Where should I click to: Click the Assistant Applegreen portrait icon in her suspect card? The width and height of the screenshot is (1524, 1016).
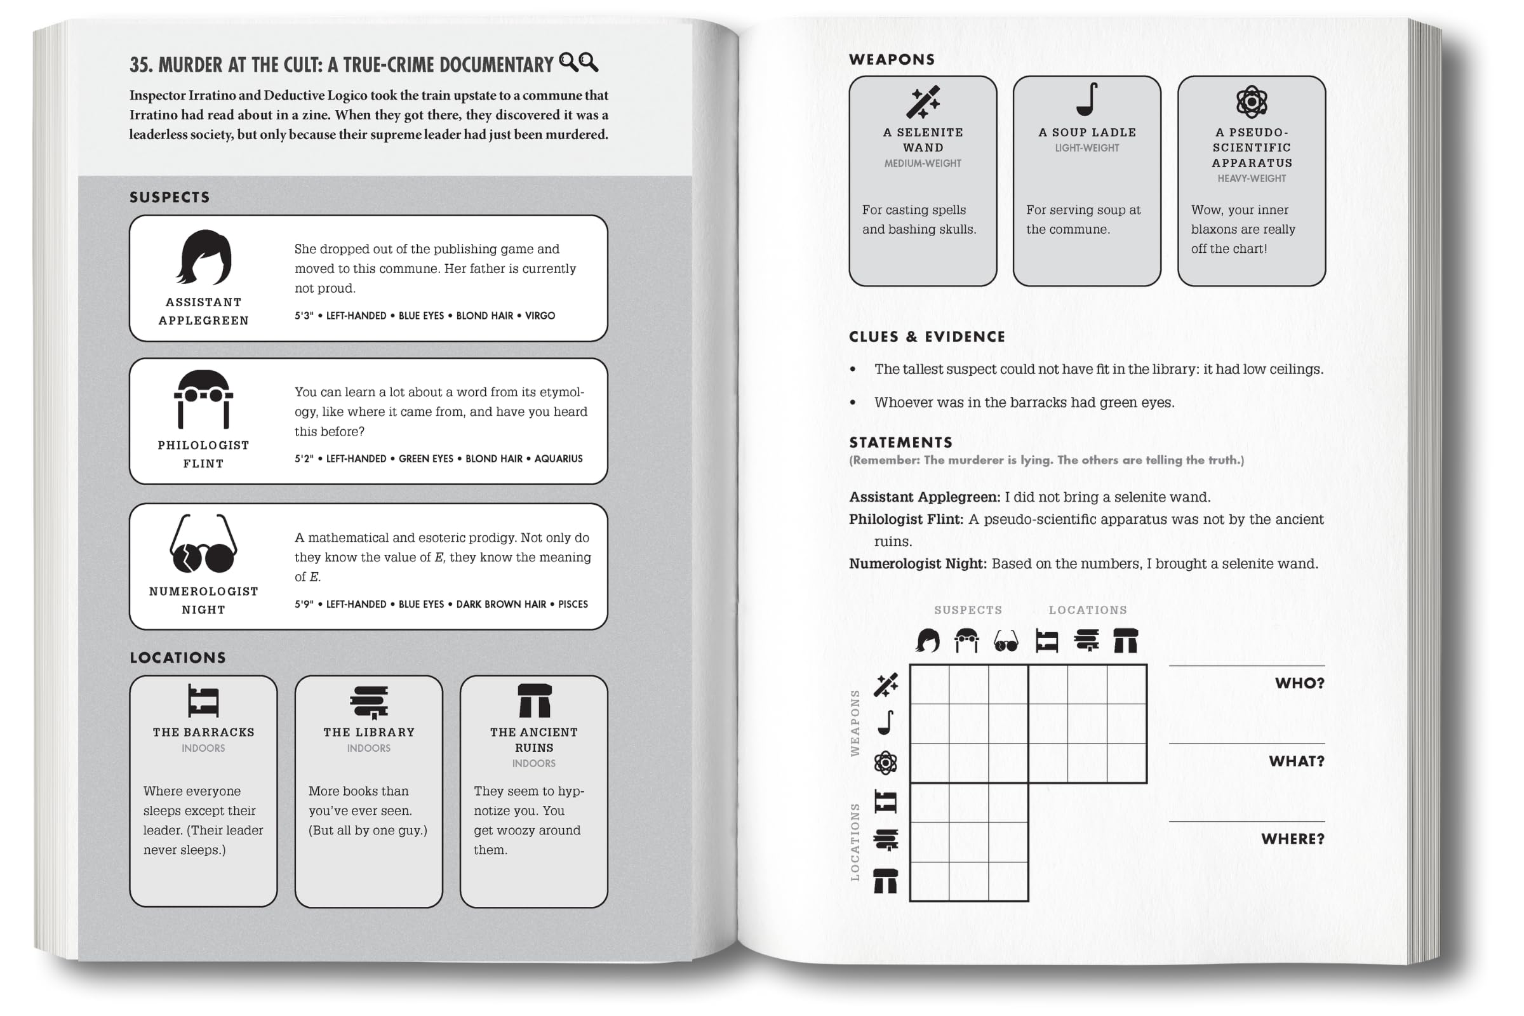tap(203, 258)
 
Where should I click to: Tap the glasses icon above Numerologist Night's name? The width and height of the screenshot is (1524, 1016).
tap(203, 545)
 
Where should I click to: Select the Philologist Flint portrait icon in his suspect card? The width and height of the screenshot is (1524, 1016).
tap(203, 399)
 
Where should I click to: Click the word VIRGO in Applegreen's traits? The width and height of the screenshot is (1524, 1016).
tap(540, 316)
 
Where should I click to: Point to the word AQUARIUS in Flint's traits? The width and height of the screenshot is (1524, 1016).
tap(558, 458)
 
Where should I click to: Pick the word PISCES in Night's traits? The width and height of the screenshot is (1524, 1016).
tap(573, 605)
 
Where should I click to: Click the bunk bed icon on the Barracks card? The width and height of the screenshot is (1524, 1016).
tap(203, 701)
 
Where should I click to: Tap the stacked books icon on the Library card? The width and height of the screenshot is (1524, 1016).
tap(369, 702)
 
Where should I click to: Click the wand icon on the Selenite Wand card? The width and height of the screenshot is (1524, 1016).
tap(923, 102)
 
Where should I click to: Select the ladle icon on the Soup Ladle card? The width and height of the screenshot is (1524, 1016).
tap(1086, 99)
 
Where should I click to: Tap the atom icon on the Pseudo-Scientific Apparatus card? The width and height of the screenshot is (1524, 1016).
tap(1251, 102)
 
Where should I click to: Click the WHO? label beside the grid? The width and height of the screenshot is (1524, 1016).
tap(1299, 683)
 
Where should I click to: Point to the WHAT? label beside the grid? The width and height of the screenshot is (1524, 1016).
tap(1296, 761)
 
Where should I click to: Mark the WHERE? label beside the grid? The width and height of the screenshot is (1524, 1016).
tap(1292, 838)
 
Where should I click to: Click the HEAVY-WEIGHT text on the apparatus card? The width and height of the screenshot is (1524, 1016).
tap(1251, 178)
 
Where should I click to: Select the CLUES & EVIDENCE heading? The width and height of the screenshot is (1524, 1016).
tap(926, 337)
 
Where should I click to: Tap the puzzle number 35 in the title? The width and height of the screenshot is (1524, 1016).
tap(140, 65)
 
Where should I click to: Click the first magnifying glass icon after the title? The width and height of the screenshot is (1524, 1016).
tap(568, 62)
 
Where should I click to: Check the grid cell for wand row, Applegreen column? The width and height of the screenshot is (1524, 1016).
tap(929, 685)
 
